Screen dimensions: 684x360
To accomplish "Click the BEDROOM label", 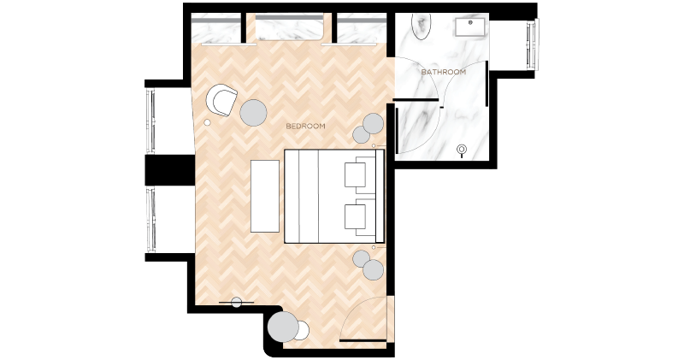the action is [305, 126].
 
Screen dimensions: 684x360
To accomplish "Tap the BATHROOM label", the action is [443, 72].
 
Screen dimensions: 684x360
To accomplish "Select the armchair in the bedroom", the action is [221, 100].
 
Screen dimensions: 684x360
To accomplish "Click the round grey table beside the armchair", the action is [253, 113].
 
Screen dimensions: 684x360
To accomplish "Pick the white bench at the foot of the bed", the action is [265, 196].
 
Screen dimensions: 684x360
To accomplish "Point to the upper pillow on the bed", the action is [356, 174].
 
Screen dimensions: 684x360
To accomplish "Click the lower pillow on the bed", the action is [356, 217].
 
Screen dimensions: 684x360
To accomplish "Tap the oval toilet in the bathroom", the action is [421, 27].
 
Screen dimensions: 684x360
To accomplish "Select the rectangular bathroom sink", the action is [470, 27].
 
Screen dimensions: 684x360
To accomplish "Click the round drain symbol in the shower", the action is [462, 150].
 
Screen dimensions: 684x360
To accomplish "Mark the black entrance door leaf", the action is [363, 340].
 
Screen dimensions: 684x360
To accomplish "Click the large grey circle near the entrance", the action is [283, 327].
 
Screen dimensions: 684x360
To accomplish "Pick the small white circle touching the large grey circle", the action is [302, 331].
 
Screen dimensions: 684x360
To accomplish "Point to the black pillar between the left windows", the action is [169, 170].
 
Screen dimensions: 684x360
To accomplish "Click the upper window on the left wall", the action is [150, 121].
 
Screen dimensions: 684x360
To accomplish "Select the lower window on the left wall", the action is [151, 220].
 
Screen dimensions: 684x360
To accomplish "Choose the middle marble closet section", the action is [289, 27].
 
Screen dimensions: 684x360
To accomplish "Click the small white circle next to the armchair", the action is [207, 122].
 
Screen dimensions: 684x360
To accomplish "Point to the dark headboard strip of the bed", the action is [380, 196].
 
